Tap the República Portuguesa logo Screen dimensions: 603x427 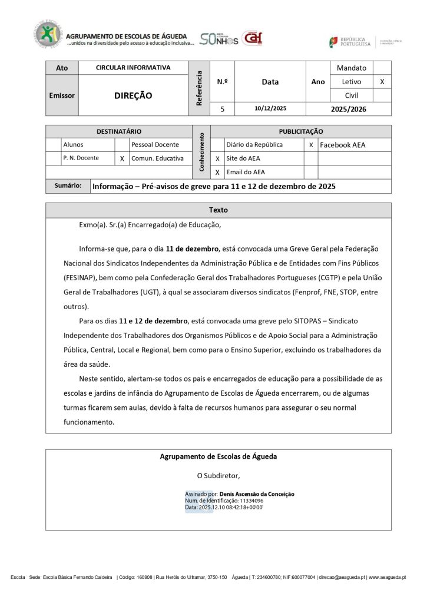point(350,42)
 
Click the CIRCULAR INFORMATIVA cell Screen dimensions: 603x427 point(133,68)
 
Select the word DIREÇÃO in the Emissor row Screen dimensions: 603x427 point(133,95)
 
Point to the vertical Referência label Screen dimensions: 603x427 point(199,88)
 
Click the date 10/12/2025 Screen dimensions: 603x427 point(270,109)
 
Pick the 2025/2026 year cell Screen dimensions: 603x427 point(348,109)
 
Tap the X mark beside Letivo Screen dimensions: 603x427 point(382,82)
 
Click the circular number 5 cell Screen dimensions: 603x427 point(223,109)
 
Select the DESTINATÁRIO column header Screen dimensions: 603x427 point(119,131)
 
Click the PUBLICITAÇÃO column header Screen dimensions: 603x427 point(300,131)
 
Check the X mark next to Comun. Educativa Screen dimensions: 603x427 point(122,158)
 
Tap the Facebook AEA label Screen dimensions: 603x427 point(342,145)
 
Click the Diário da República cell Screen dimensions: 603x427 point(254,145)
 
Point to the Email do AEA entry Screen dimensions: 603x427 point(246,173)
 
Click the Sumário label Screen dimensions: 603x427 point(68,186)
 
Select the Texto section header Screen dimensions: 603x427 point(218,210)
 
